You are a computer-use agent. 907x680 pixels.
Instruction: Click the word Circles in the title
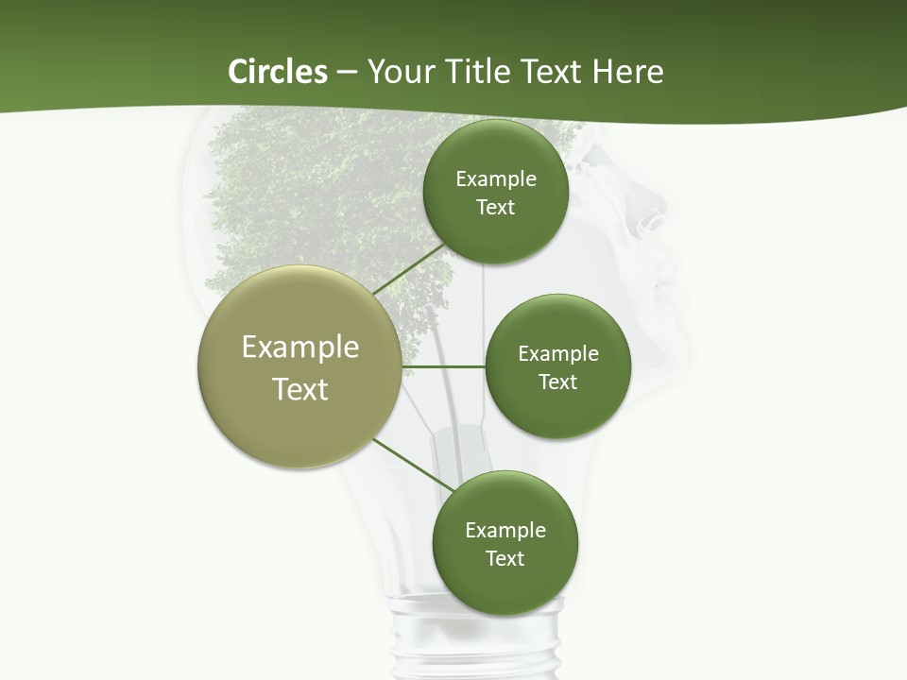(277, 72)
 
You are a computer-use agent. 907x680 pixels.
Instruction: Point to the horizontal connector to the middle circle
(443, 366)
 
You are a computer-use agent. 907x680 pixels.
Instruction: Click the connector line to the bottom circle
(415, 466)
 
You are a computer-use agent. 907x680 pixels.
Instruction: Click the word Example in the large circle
(299, 348)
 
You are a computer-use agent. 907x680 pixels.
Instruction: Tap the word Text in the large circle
(299, 389)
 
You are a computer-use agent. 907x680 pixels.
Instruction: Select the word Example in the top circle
(495, 179)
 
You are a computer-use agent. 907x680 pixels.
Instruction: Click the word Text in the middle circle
(557, 382)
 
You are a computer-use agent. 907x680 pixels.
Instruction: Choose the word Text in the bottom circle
(505, 558)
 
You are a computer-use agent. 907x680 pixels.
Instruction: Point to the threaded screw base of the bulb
(478, 642)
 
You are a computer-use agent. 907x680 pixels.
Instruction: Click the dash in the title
(347, 73)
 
